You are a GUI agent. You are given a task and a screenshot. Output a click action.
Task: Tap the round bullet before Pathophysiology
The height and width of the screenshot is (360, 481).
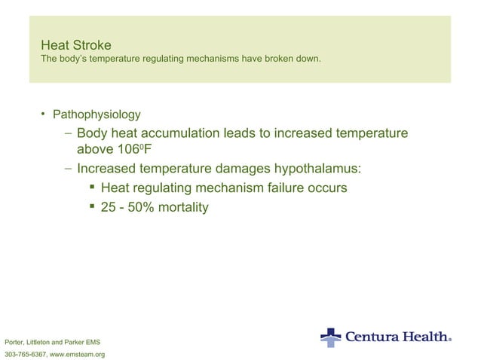pos(44,114)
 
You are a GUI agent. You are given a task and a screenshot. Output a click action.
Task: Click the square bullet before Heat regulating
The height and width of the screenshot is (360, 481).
pos(91,188)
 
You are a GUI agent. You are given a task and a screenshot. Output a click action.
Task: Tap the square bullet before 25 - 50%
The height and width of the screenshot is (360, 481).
pos(91,206)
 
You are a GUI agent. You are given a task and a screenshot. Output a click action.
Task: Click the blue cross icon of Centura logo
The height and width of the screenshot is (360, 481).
pos(330,337)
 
